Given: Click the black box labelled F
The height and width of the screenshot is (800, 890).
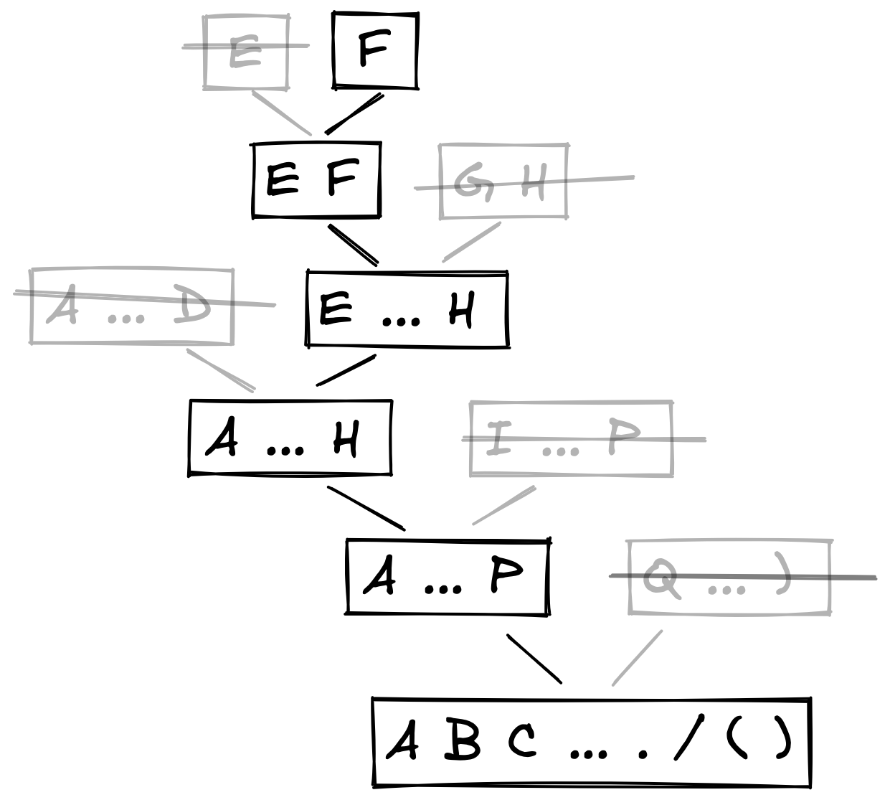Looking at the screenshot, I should tap(375, 51).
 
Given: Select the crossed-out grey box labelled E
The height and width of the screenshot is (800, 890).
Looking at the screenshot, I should tap(246, 52).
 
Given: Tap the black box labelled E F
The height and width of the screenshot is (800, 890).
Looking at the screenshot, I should tap(316, 179).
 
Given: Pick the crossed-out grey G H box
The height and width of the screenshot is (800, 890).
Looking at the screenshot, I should tap(503, 182).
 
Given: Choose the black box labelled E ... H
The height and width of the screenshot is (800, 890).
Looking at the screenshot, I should tap(407, 309).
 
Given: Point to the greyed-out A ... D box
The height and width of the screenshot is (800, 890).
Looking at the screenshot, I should tap(131, 306).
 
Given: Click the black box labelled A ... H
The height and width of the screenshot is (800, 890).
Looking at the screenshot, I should tap(290, 438).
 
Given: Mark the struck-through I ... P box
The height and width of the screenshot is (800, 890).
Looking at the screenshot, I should tap(571, 438).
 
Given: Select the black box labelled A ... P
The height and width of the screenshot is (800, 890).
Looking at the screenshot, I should tap(447, 576).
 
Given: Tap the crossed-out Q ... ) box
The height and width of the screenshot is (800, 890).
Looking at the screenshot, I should tap(729, 578).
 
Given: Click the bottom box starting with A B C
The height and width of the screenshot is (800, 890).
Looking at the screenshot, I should tap(592, 741).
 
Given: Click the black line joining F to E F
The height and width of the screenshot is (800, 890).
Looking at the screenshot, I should tap(354, 114).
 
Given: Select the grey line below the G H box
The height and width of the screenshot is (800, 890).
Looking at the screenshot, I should tap(471, 242).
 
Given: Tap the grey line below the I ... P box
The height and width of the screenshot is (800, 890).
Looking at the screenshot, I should tap(503, 505).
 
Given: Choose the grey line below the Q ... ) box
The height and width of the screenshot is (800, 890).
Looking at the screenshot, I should tap(636, 658).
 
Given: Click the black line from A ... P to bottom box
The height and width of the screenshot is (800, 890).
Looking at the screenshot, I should tap(534, 658).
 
